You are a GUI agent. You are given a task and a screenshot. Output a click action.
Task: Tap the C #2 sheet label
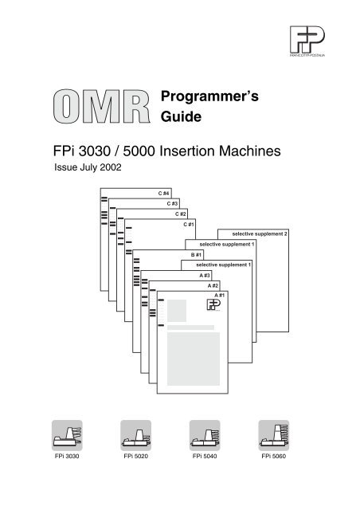point(180,214)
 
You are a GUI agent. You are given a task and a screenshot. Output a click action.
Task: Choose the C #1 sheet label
point(189,224)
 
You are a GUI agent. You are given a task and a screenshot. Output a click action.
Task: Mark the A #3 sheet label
point(205,274)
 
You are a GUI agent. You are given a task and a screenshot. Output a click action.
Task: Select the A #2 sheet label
point(213,284)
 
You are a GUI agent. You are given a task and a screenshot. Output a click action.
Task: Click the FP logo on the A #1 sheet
point(214,307)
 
